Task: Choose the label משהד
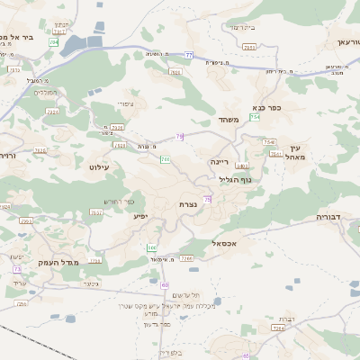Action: [x=226, y=120]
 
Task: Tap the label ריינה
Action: [x=220, y=161]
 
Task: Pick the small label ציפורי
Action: [x=125, y=104]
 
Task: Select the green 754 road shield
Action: [x=256, y=117]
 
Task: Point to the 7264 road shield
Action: [x=279, y=328]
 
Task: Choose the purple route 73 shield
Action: [x=17, y=268]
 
